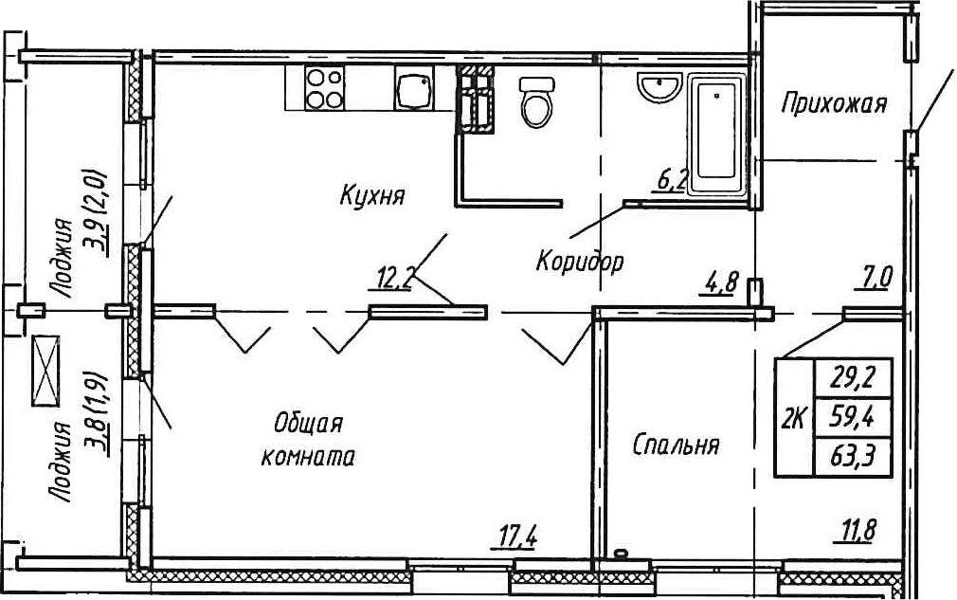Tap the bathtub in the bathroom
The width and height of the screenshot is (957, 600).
point(716,135)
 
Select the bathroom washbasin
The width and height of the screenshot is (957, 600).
point(659,87)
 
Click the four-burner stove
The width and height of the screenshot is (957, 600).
point(324,88)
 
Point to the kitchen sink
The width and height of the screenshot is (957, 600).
point(414,88)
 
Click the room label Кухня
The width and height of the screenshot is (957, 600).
point(371,196)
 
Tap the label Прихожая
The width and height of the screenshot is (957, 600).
point(834,104)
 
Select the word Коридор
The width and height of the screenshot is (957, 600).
point(580,262)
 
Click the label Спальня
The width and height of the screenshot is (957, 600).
point(676,445)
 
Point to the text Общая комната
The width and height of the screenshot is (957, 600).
point(308,440)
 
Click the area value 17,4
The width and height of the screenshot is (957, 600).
point(514,537)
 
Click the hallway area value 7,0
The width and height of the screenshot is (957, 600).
point(874,279)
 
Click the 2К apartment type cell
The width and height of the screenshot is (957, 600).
point(795,418)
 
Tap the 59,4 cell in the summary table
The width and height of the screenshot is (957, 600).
point(853,417)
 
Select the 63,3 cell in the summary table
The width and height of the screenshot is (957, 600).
point(853,457)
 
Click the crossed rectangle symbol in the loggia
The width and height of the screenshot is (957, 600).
point(45,371)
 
